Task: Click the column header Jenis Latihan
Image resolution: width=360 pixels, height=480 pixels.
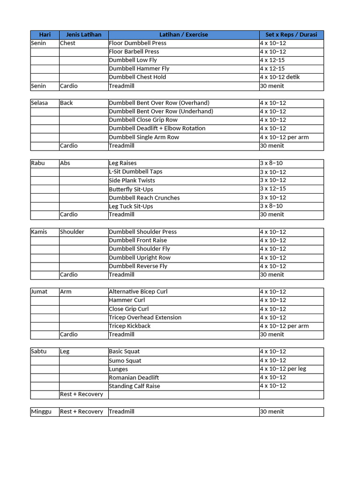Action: coord(83,35)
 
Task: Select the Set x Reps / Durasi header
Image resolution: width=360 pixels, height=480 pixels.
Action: coord(291,35)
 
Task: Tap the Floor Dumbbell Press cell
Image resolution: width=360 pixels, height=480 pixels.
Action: coord(137,43)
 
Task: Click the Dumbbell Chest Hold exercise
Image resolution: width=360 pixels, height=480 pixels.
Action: coord(137,77)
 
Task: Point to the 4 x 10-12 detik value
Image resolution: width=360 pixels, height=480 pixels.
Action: coord(280,77)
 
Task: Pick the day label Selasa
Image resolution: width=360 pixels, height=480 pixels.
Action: coord(39,103)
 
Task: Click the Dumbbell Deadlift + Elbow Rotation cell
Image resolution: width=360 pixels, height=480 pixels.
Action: coord(157,128)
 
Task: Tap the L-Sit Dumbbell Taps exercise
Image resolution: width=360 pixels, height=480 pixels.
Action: coord(135,172)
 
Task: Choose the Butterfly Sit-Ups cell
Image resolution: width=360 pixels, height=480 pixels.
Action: coord(131,189)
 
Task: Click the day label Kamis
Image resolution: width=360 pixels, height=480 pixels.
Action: coord(39,232)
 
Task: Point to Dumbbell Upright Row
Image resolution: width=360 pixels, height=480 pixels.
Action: coord(140,258)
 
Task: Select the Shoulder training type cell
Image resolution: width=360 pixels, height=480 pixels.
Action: coord(72,232)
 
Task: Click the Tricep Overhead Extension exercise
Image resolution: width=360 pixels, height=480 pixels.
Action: coord(145,318)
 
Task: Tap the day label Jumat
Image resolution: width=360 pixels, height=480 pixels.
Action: coord(39,292)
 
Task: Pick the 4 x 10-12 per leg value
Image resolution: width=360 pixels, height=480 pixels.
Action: coord(283,369)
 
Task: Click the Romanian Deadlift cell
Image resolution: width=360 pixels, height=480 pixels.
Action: coord(134,378)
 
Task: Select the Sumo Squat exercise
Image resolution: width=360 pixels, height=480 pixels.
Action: coord(125,361)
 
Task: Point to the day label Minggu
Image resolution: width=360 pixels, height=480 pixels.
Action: coord(41,412)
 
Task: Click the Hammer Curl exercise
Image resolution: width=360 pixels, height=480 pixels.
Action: coord(127,300)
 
